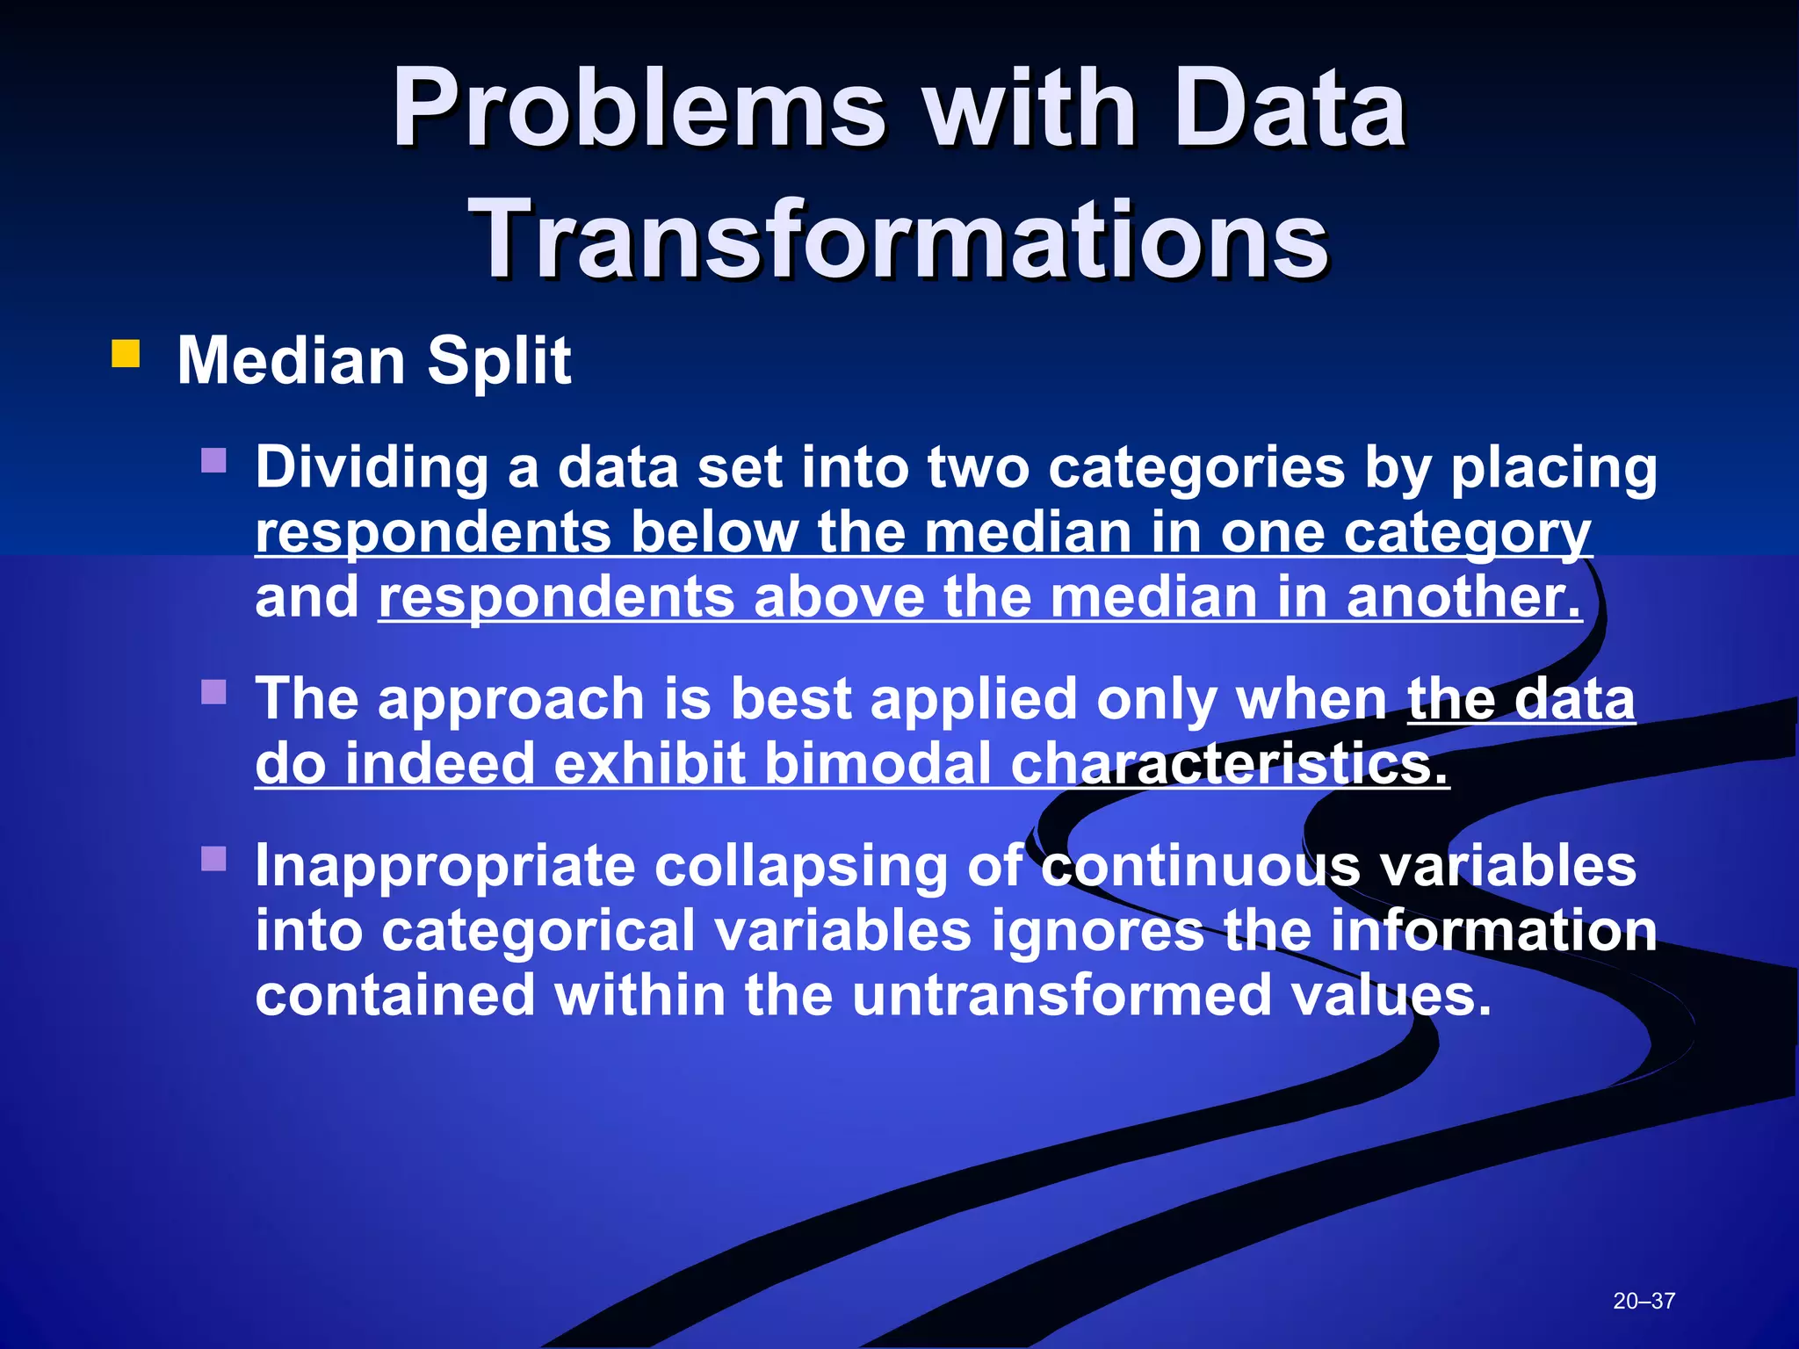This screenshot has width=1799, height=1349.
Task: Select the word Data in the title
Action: point(1289,110)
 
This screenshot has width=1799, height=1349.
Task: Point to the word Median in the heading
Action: point(291,361)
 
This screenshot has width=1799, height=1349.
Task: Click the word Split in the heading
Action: point(498,361)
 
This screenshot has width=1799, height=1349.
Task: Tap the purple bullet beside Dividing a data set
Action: point(213,460)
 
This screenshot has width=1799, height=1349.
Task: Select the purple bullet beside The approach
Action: point(213,692)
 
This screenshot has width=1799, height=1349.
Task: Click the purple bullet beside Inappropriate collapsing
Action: point(213,858)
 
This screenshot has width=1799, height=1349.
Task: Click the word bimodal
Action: point(878,763)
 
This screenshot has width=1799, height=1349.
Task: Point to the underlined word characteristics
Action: point(1228,763)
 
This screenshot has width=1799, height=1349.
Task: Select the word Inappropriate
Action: point(444,867)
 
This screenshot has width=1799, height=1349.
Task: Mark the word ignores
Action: point(1097,931)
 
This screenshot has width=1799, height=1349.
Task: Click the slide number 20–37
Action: point(1644,1301)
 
